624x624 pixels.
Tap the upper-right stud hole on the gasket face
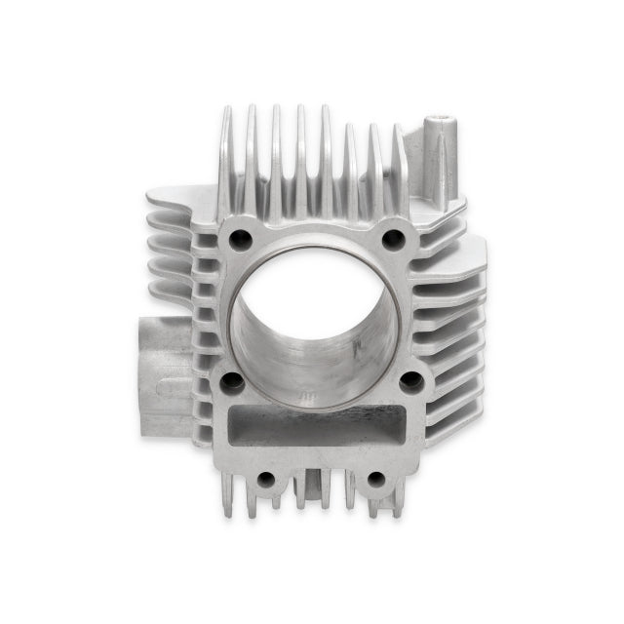(393, 237)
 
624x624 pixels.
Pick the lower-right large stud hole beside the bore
(410, 380)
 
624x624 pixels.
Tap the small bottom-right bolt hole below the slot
(375, 479)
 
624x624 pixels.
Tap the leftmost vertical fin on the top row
(226, 161)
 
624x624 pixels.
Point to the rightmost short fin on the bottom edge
(397, 503)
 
